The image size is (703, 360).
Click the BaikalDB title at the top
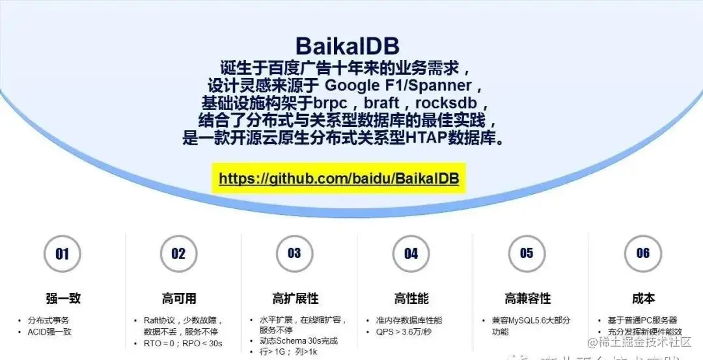coord(347,46)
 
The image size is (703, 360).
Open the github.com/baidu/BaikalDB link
coord(338,178)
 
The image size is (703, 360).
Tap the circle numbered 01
coord(62,254)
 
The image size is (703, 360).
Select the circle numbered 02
coord(178,254)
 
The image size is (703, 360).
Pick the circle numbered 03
coord(294,253)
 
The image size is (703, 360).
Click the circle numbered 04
coord(411,254)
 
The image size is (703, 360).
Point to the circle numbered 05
coord(527,253)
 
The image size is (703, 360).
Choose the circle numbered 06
coord(642,253)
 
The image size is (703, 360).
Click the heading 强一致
coord(63,299)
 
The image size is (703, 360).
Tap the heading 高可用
coord(179,299)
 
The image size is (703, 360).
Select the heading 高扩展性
coord(295,299)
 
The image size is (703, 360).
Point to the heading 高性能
coord(411,299)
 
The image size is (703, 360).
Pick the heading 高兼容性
coord(527,299)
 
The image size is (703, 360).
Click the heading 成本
coord(643,299)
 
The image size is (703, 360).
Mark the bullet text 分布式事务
coord(48,320)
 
